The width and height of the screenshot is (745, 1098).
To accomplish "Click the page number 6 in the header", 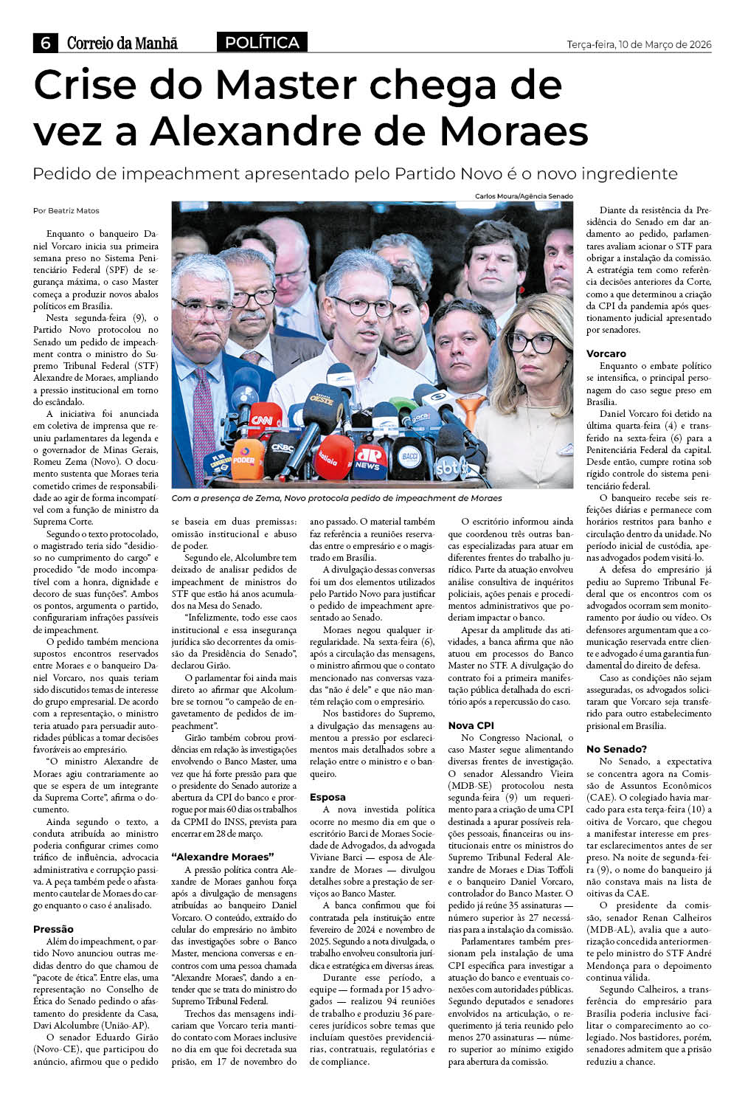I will tap(45, 43).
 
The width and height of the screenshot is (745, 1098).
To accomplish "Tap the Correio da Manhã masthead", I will tap(122, 43).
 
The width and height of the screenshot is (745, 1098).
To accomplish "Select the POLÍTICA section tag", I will tap(262, 43).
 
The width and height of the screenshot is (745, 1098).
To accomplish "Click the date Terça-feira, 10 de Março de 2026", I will tap(639, 44).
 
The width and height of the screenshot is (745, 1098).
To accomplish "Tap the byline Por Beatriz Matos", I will tap(66, 211).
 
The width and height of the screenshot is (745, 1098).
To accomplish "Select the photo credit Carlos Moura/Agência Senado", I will tap(524, 196).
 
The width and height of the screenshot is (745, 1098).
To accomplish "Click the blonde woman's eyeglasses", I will tap(531, 343).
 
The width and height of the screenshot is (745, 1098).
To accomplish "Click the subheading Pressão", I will tap(53, 929).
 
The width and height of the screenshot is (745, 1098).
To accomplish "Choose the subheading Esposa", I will tap(328, 797).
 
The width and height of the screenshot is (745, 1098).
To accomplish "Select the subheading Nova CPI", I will tap(471, 725).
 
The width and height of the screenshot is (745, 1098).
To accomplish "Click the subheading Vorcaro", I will tap(606, 353).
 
